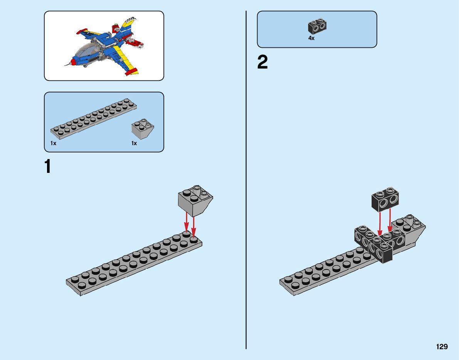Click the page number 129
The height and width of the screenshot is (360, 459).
tap(442, 347)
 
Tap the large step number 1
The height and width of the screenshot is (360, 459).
tap(48, 167)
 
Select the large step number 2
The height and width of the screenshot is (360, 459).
tap(262, 62)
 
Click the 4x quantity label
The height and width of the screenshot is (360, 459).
tap(311, 38)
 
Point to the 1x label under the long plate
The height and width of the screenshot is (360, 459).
tap(53, 143)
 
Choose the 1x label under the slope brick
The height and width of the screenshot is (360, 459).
tap(134, 143)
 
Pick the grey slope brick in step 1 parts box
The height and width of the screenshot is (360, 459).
tap(142, 129)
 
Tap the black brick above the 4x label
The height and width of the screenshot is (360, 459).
tap(318, 26)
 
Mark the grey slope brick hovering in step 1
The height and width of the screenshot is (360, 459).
tap(195, 202)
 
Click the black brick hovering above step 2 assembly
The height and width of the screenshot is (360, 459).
tap(385, 201)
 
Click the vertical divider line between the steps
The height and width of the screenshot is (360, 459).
tap(246, 193)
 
